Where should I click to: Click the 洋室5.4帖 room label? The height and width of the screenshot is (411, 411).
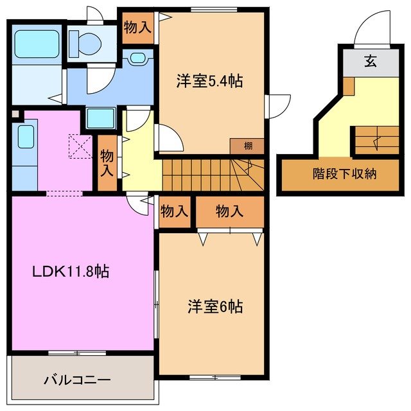coord(209,82)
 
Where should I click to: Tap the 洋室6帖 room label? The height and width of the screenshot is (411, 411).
coord(215,306)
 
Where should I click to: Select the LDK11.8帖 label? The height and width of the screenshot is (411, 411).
coord(71,272)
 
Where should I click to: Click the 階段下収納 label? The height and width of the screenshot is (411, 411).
coord(345,173)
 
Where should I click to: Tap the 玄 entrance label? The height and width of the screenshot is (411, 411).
coord(371,62)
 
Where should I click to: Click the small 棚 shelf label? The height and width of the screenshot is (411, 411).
coord(247,146)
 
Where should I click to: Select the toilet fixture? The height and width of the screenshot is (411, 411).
coord(86,43)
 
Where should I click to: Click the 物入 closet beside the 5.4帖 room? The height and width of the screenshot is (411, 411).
coord(137,28)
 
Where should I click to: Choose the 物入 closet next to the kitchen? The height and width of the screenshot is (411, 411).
coord(107,163)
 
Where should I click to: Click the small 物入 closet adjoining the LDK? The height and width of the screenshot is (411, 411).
coord(175,211)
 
